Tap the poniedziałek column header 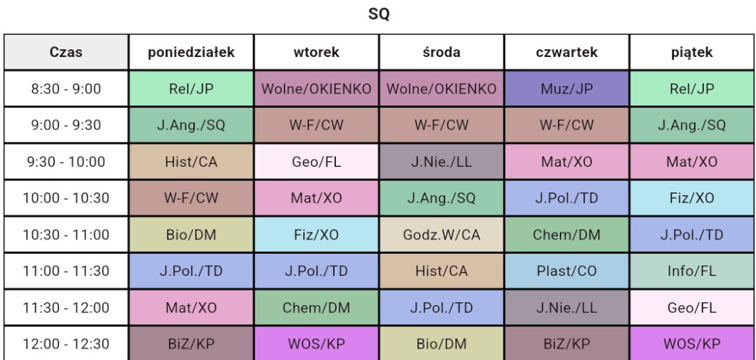(x=191, y=52)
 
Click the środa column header (x=441, y=52)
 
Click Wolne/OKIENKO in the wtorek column (x=316, y=89)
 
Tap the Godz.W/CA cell (x=441, y=235)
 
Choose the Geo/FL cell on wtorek (x=316, y=162)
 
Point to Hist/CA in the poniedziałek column (x=191, y=162)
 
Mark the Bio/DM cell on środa (x=441, y=344)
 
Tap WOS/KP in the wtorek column (x=316, y=344)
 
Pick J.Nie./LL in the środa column (x=441, y=162)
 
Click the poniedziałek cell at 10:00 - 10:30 (x=191, y=198)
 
